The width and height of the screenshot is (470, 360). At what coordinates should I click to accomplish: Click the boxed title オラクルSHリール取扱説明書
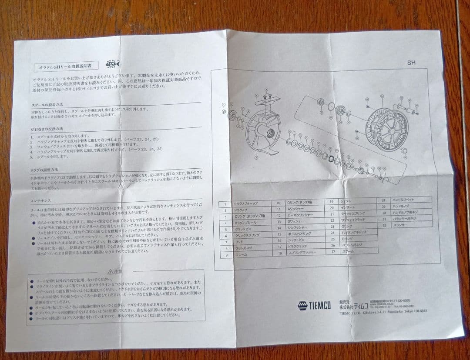point(65,67)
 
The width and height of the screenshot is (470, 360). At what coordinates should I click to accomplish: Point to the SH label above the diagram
point(411,63)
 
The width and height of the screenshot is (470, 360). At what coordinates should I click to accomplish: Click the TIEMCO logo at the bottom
point(314,305)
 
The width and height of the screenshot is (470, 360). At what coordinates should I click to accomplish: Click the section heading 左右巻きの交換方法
point(47,129)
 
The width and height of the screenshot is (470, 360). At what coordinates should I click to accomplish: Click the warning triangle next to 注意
point(110,271)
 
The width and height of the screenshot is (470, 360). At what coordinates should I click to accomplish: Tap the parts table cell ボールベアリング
point(299,233)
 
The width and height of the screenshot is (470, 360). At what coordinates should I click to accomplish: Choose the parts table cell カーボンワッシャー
point(300,215)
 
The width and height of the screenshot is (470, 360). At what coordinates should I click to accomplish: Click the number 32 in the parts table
point(383,226)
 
